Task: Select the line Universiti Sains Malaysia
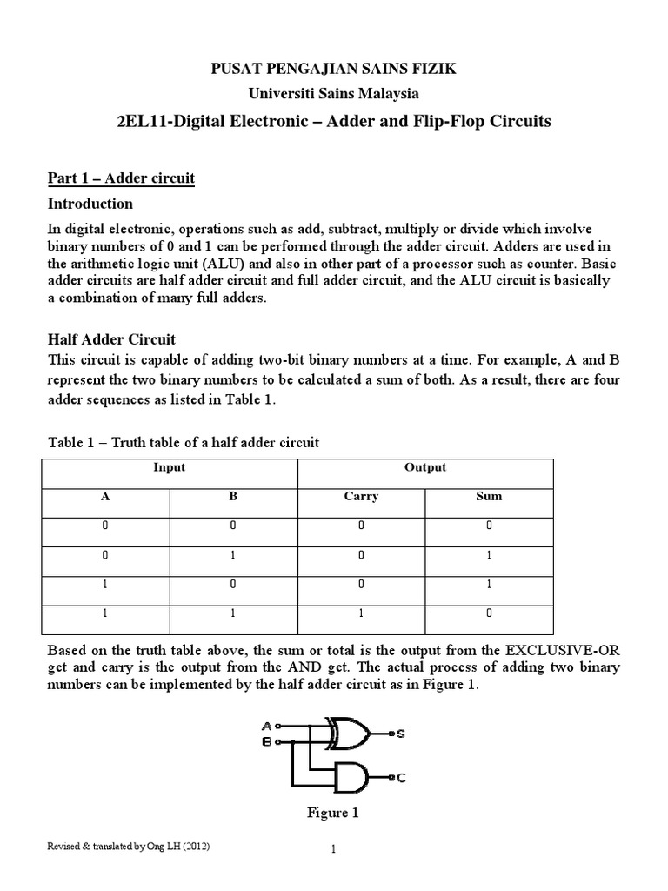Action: point(334,93)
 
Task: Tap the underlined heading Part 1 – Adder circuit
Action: point(120,178)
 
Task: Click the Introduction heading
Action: point(90,204)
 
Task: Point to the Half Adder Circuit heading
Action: point(110,338)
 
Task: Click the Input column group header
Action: point(170,467)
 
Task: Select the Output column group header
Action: point(425,467)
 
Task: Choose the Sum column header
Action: point(489,497)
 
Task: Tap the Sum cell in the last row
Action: point(489,613)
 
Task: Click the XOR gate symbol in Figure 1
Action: point(345,734)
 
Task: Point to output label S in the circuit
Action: point(400,734)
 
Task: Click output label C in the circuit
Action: point(400,779)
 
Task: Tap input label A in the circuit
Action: point(265,725)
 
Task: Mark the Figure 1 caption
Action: point(332,813)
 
